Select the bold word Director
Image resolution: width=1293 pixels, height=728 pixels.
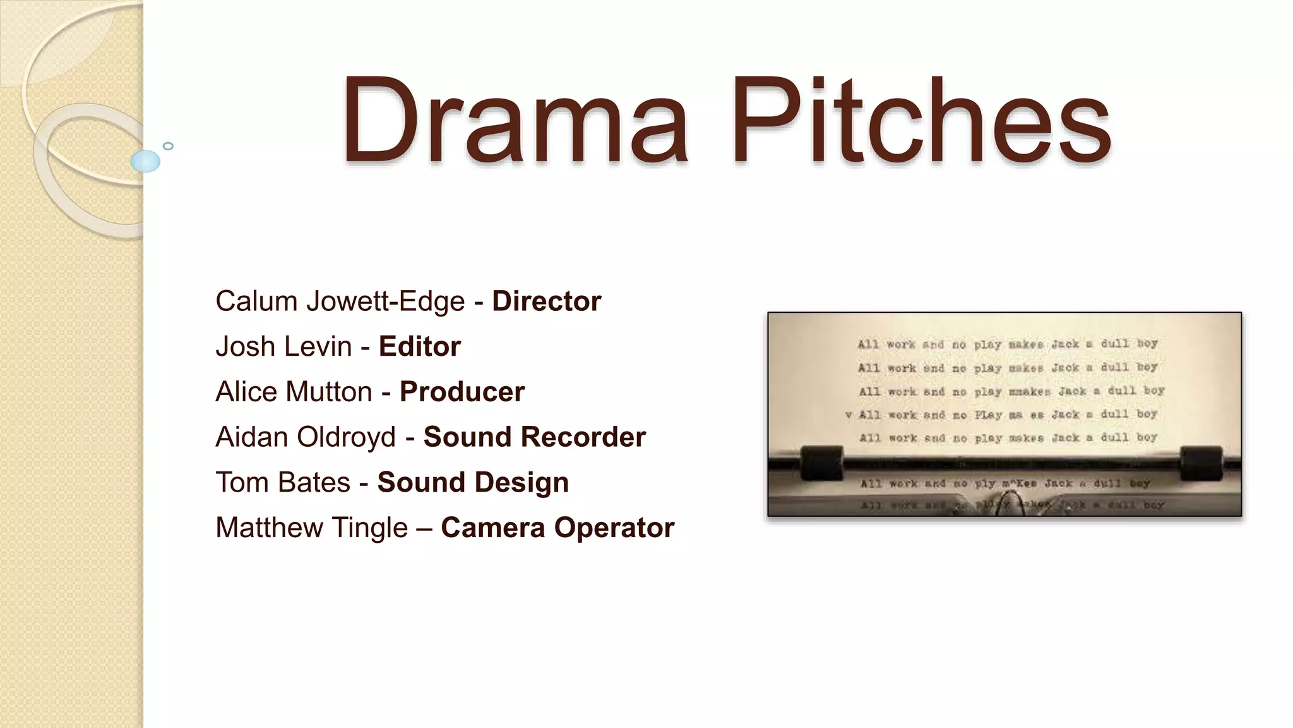[546, 301]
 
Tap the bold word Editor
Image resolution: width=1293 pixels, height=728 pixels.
[420, 347]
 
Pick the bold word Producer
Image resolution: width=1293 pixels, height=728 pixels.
[462, 392]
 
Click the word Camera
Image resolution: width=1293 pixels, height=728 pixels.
[492, 528]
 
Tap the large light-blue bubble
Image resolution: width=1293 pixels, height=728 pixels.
[145, 161]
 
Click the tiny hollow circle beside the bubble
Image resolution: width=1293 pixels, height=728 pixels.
[168, 146]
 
